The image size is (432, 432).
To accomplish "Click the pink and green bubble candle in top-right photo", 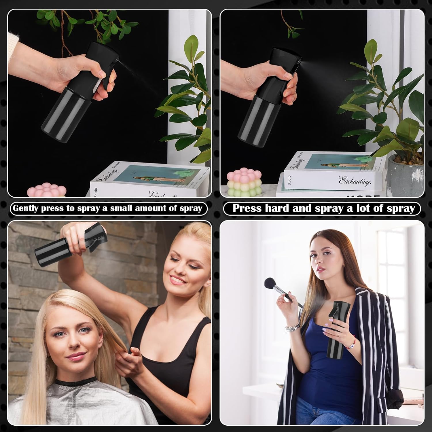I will tap(238, 183).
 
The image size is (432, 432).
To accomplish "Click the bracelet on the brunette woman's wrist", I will tap(292, 328).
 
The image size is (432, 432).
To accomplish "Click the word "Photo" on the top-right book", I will tap(289, 180).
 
